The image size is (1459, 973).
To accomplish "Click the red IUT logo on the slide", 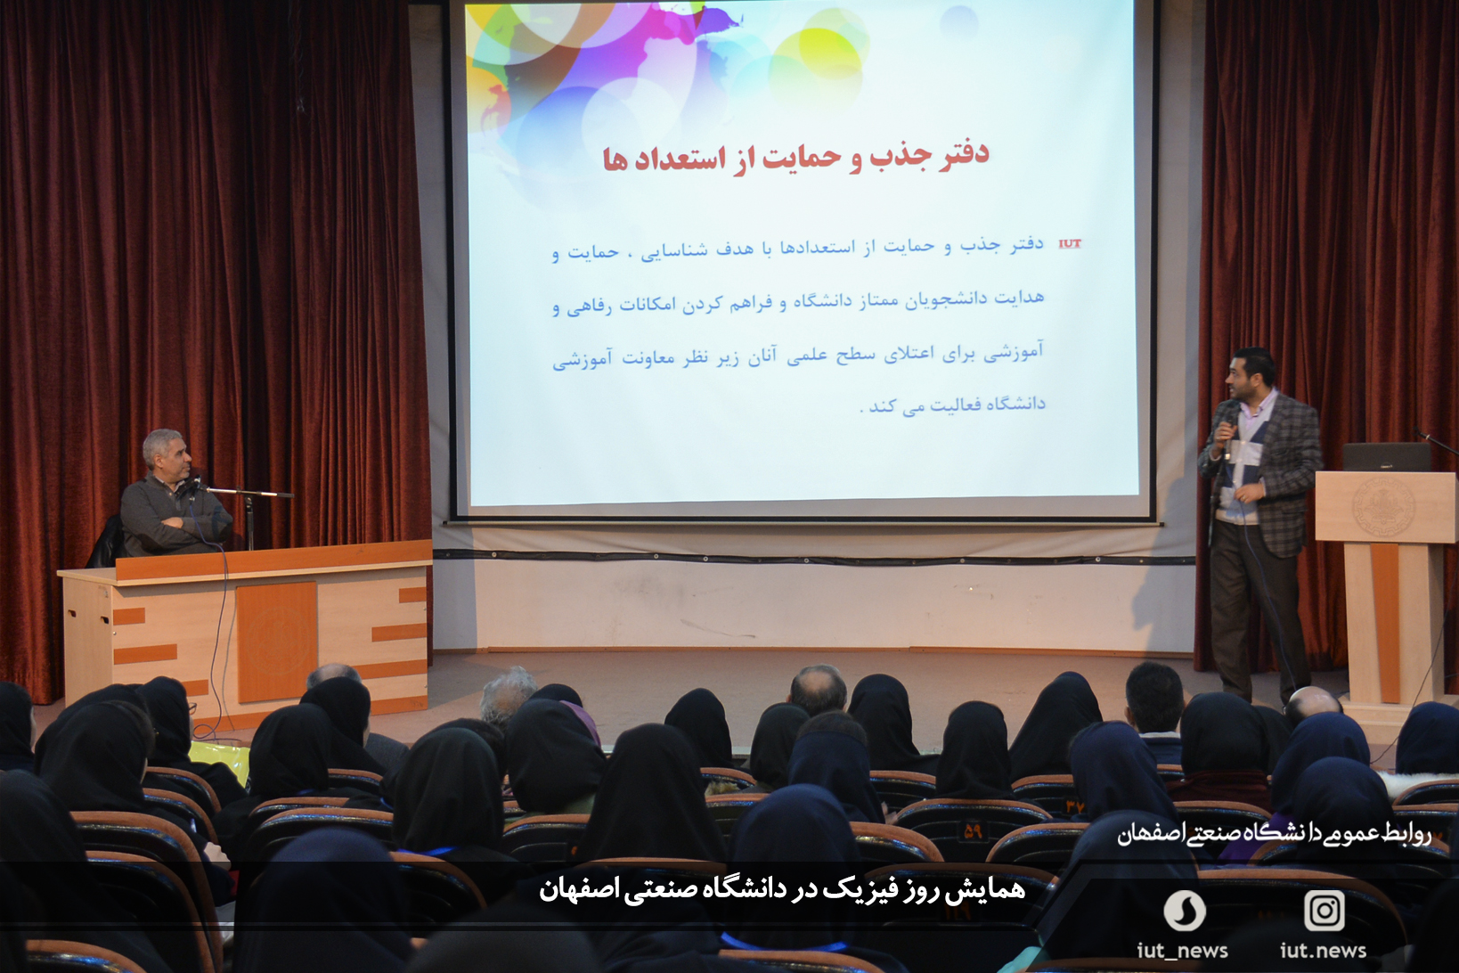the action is coord(1070,244).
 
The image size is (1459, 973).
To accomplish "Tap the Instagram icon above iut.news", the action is coord(1325,910).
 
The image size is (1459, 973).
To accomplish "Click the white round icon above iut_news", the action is coord(1184,910).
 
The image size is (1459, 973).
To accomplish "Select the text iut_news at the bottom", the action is coord(1182,951).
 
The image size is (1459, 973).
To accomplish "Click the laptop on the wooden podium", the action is coord(1386,457).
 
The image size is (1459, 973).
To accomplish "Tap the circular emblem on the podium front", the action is coord(1382,508).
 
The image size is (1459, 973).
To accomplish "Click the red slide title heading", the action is coord(796,157).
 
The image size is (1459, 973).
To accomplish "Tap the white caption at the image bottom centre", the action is coord(782,889).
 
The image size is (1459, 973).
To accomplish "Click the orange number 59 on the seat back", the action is coord(973,832).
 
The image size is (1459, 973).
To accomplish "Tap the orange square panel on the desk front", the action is coord(277,640).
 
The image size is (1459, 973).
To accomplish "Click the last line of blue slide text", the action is coord(952,404).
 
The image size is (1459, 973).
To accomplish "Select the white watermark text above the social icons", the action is coord(1274,833).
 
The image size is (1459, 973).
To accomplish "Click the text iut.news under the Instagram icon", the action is coord(1324,951).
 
